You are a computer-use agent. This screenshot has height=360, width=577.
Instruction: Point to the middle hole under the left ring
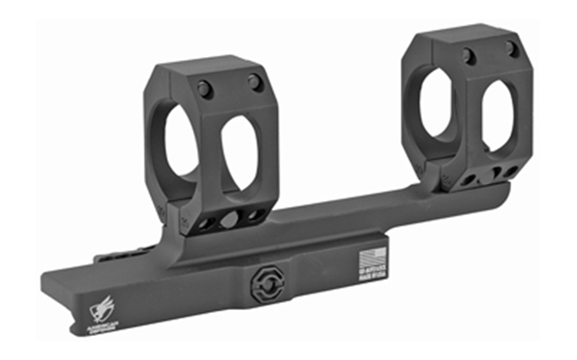coord(230,219)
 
